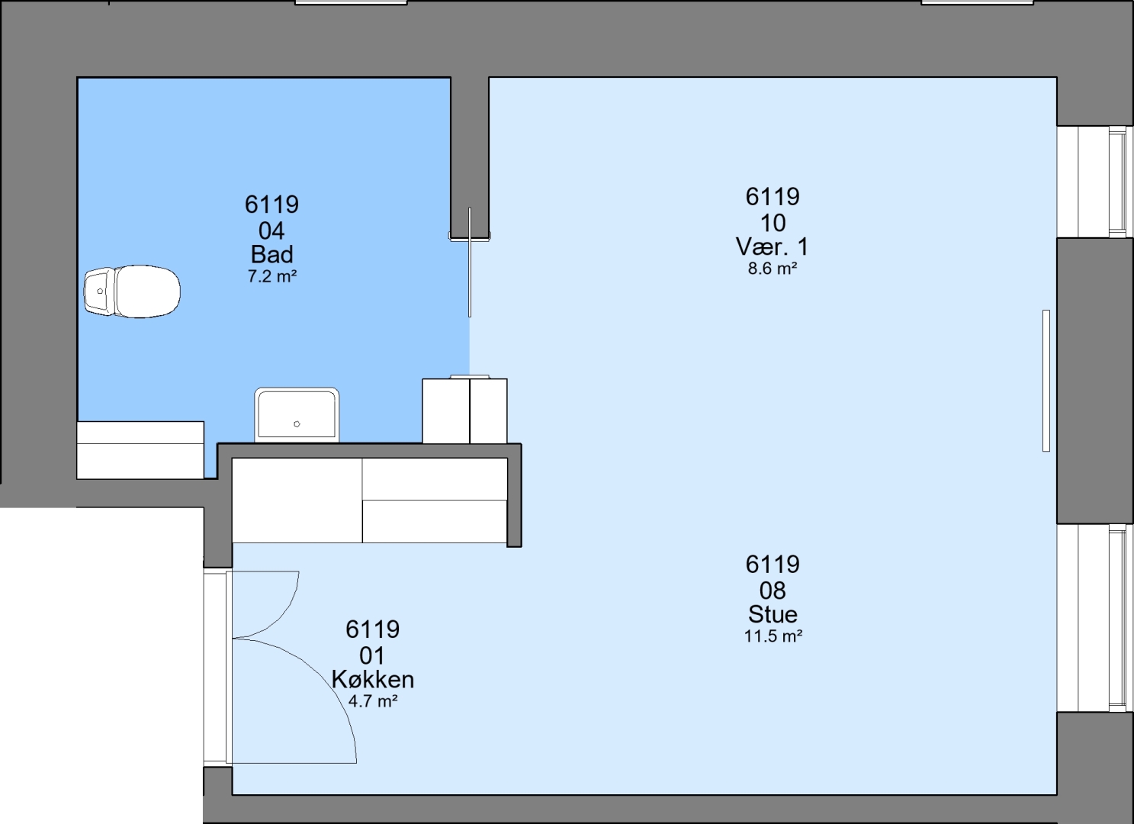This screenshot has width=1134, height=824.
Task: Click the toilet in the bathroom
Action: point(132,291)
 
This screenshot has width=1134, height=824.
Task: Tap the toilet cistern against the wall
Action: point(100,291)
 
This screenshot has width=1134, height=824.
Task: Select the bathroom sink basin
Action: point(297,415)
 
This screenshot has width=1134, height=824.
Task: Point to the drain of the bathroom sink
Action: point(297,424)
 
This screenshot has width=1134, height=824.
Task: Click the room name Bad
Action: point(271,254)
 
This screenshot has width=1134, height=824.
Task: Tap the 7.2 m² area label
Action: point(271,276)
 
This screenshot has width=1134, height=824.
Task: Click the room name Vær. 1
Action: point(772,246)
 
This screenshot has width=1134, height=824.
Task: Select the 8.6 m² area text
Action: point(773,269)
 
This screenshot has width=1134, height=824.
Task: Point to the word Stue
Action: point(773,614)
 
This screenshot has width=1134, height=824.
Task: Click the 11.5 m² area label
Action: point(773,636)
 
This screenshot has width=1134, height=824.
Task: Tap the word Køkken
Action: point(373,680)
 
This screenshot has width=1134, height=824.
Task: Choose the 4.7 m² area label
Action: point(373,701)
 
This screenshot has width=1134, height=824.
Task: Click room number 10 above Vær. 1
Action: point(773,223)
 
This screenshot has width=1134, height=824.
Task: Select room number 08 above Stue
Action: point(773,591)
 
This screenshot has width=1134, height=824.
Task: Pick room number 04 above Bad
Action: point(271,231)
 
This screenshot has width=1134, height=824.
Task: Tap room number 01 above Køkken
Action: point(372,656)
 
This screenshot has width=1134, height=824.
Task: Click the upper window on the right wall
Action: point(1094,182)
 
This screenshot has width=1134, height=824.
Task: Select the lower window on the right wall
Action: point(1094,618)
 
